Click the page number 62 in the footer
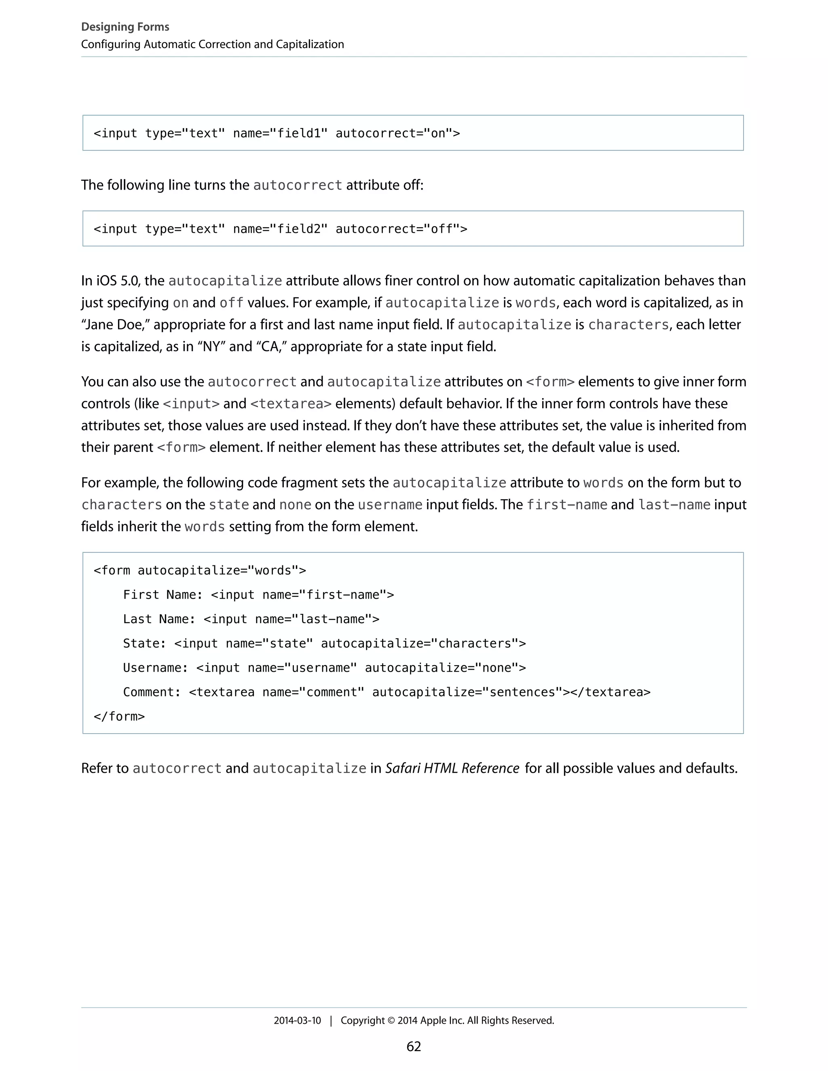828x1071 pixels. click(414, 1046)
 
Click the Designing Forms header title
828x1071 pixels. click(125, 27)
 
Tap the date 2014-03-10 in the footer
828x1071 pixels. click(297, 1020)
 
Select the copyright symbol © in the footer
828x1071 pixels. click(391, 1020)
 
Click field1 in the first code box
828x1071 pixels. click(298, 133)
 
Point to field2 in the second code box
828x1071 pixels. click(298, 229)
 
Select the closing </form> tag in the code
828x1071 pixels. click(119, 717)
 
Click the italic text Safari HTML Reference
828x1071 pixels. click(452, 768)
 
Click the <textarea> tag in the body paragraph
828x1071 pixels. click(291, 404)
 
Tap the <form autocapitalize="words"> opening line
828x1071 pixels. click(200, 570)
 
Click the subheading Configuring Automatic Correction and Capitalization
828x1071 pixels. click(212, 44)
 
